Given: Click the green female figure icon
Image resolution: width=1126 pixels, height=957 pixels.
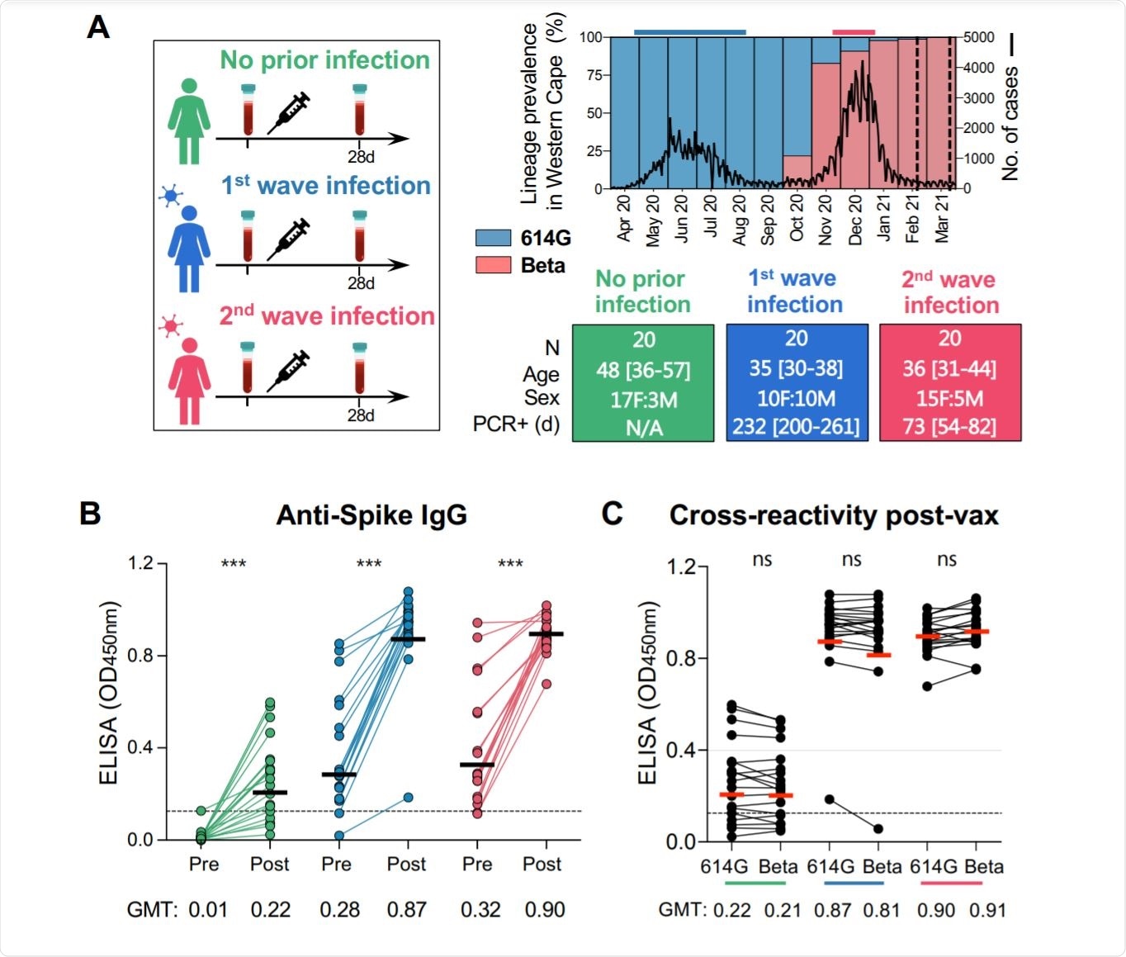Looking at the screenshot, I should point(189,121).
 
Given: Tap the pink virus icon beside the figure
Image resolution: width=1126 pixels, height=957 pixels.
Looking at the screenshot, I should point(171,325).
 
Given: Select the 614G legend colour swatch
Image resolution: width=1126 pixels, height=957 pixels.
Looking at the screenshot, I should point(493,239).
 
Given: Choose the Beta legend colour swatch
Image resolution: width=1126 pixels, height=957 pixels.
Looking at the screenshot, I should point(493,266).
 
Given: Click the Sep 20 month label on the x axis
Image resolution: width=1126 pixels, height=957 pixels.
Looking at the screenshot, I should point(768,220).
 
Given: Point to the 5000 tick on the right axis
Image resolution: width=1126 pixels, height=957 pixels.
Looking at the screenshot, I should point(979,37).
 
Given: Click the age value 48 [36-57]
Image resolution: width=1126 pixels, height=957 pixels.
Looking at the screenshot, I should point(643,370).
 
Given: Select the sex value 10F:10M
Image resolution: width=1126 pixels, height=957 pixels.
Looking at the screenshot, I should point(797,399).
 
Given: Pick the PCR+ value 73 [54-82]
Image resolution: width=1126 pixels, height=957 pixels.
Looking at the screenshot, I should point(949,427).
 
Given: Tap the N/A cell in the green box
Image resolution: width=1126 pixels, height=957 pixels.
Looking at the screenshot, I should point(643,428).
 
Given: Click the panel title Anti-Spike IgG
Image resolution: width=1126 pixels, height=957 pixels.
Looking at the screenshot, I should point(371,515).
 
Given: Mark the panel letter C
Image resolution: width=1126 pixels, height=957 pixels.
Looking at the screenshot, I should point(612,514).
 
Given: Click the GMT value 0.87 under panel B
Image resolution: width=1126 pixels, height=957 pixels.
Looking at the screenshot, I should point(407,910).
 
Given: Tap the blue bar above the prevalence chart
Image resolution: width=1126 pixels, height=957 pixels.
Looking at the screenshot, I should point(689,32).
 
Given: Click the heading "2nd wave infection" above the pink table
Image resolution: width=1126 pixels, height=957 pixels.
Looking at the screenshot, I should point(950,292).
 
